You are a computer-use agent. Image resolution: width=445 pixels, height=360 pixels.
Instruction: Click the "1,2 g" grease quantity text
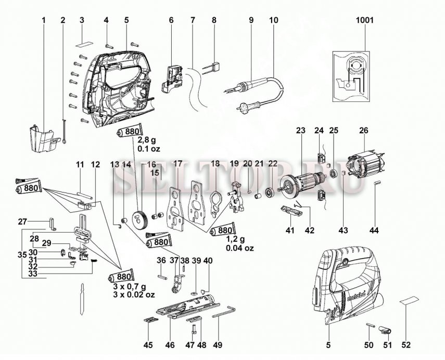[235, 240]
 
